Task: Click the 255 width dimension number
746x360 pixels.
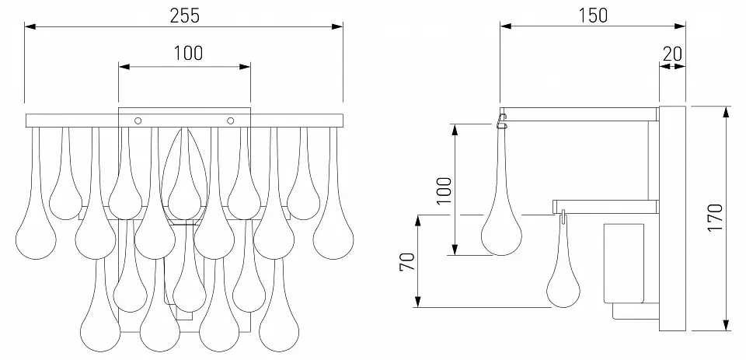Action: coord(185,16)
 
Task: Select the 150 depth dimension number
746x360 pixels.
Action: coord(593,16)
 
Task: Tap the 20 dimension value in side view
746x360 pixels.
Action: coord(672,54)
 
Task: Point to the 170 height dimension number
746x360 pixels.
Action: coord(715,218)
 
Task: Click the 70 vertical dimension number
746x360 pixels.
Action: coord(408,262)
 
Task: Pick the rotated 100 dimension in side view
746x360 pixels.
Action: coord(444,190)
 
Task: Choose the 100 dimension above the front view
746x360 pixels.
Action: coord(187,54)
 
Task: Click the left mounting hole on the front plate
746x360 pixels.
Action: coord(138,121)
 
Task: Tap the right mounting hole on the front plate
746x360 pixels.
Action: coord(231,121)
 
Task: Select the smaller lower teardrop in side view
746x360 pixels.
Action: coord(563,281)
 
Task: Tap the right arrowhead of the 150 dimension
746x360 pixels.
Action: coord(680,26)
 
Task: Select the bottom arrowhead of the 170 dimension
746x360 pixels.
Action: coord(726,325)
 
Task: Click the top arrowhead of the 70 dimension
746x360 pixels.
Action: coord(418,221)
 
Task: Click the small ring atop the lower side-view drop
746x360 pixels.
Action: coord(563,217)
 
